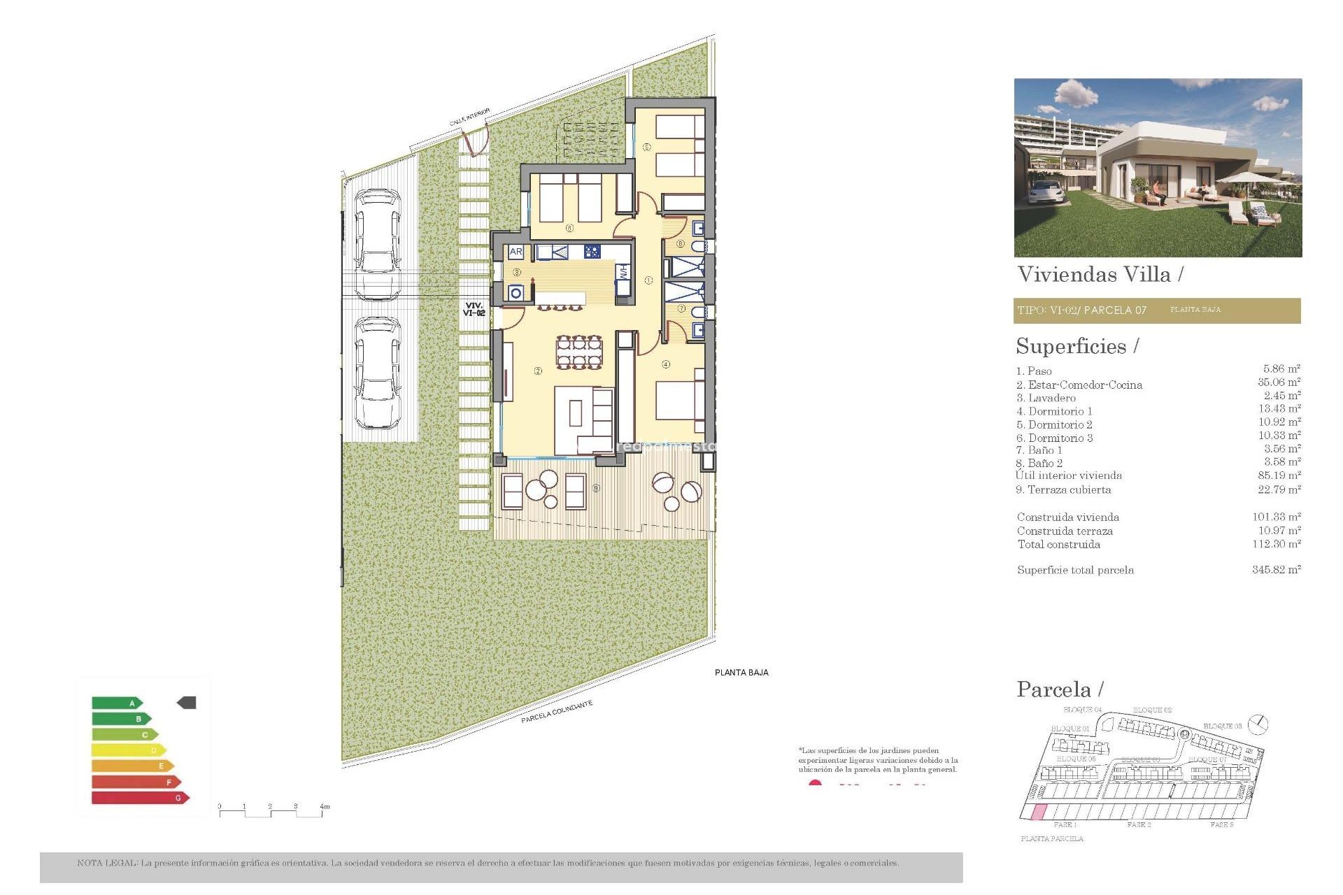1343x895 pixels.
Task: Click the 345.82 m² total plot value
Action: [1276, 570]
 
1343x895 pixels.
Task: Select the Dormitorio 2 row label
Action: [1054, 425]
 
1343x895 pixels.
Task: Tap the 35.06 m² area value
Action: [1279, 382]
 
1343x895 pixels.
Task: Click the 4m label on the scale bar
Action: [325, 807]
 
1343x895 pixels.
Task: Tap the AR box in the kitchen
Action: [516, 252]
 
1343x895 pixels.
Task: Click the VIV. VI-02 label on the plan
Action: [474, 309]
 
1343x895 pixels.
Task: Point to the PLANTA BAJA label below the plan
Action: [741, 673]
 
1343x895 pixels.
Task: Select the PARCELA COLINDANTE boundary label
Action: [557, 712]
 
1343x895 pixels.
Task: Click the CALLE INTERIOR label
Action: [469, 117]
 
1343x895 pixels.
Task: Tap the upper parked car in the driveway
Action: [378, 243]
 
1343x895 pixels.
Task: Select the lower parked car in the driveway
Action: [378, 372]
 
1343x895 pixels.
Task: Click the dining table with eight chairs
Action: [578, 352]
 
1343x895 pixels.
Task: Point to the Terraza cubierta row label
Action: [1063, 490]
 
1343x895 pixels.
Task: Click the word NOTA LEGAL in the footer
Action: [107, 863]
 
